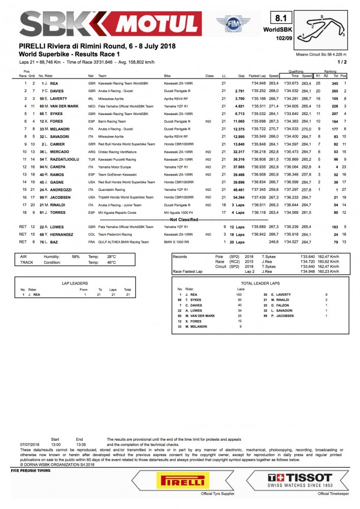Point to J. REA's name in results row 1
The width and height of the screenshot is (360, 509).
[x=57, y=83]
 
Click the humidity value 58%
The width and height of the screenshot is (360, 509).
[x=76, y=257]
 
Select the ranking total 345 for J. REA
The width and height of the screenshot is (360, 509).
[x=335, y=83]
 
